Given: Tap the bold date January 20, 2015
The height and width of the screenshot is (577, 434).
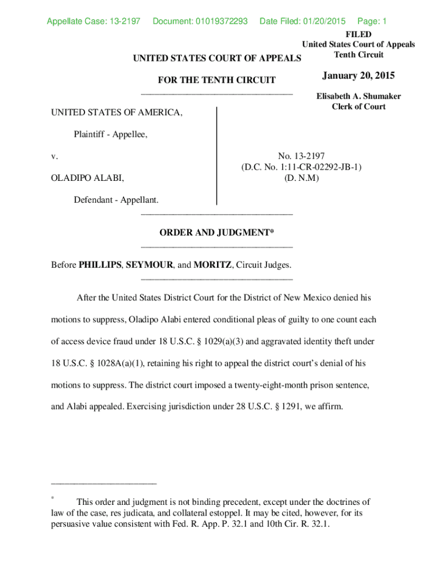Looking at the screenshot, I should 358,76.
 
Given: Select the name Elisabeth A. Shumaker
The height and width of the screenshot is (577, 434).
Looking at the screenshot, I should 358,96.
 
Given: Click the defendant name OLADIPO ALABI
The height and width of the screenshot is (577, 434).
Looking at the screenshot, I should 87,178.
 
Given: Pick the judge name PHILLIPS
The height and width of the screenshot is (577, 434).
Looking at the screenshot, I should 99,264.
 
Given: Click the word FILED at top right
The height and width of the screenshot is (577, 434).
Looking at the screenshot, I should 358,34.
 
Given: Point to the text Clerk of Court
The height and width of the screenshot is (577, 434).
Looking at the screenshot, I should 358,106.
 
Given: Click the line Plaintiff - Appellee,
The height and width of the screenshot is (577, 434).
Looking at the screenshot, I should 110,135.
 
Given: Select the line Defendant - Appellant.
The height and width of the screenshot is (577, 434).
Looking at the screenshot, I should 116,200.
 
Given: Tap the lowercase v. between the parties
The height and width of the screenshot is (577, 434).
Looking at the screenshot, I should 55,156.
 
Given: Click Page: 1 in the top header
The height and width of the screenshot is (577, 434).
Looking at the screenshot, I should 372,21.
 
